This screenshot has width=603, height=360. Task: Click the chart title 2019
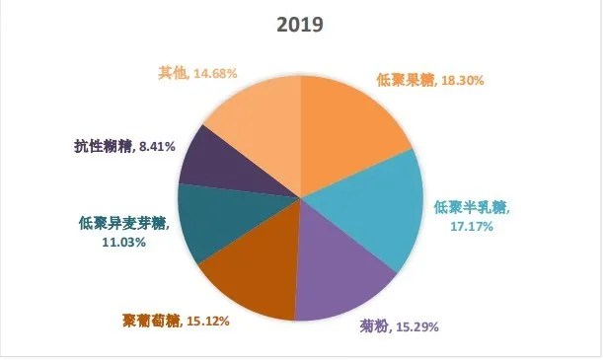click(301, 24)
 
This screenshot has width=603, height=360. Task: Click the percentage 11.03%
click(123, 241)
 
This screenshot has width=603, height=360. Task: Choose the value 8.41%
click(156, 147)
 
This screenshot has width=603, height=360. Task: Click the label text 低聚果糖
click(400, 83)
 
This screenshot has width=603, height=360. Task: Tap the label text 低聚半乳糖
click(470, 208)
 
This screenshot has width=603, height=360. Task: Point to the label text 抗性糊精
click(104, 147)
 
